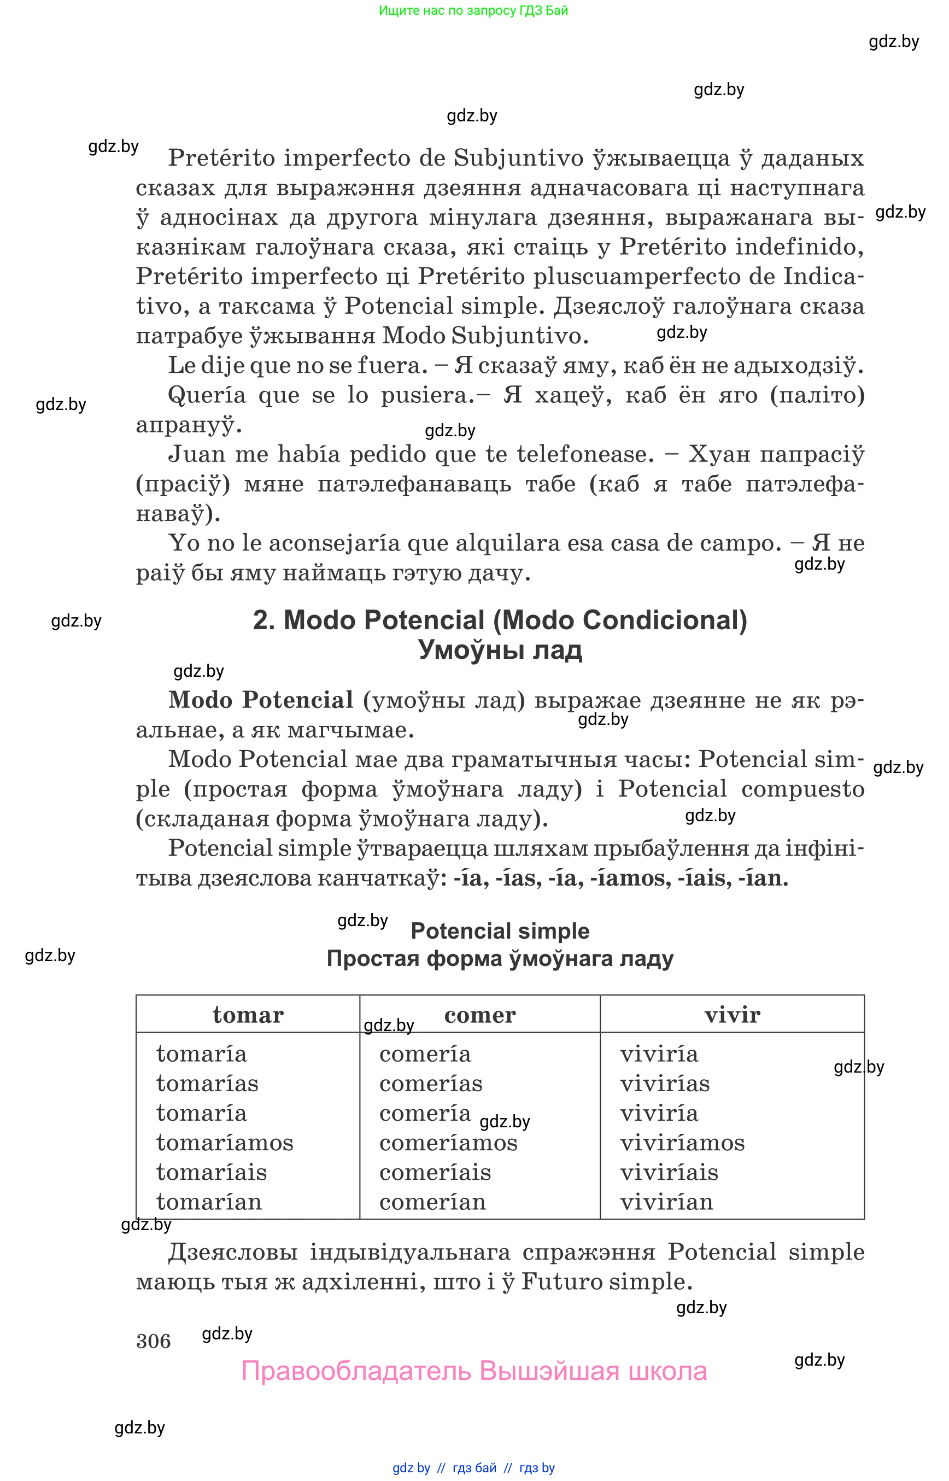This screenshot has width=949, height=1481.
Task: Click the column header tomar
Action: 248,1015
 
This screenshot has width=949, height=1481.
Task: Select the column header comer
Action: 479,1015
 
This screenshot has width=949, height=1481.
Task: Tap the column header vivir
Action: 732,1015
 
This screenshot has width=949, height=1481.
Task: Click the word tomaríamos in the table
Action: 224,1143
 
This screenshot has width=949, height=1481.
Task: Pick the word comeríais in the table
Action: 435,1172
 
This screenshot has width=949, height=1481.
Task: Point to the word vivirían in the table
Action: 666,1202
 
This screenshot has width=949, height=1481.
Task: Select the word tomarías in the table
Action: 207,1084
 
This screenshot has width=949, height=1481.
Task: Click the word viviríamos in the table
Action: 682,1143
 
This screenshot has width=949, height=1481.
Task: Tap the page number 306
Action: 154,1340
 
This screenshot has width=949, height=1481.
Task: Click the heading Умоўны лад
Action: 500,650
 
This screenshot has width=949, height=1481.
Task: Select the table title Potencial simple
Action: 500,930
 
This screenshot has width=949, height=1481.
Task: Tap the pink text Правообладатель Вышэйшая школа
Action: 474,1371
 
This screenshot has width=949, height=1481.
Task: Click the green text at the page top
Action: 473,10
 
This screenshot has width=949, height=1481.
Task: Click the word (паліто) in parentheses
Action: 818,395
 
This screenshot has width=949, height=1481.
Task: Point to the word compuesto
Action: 803,789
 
